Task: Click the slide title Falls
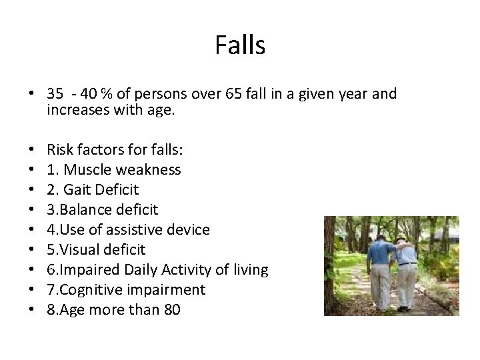click(x=240, y=46)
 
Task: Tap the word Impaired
click(x=88, y=270)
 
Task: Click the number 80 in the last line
click(x=171, y=310)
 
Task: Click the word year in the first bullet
click(x=351, y=94)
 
